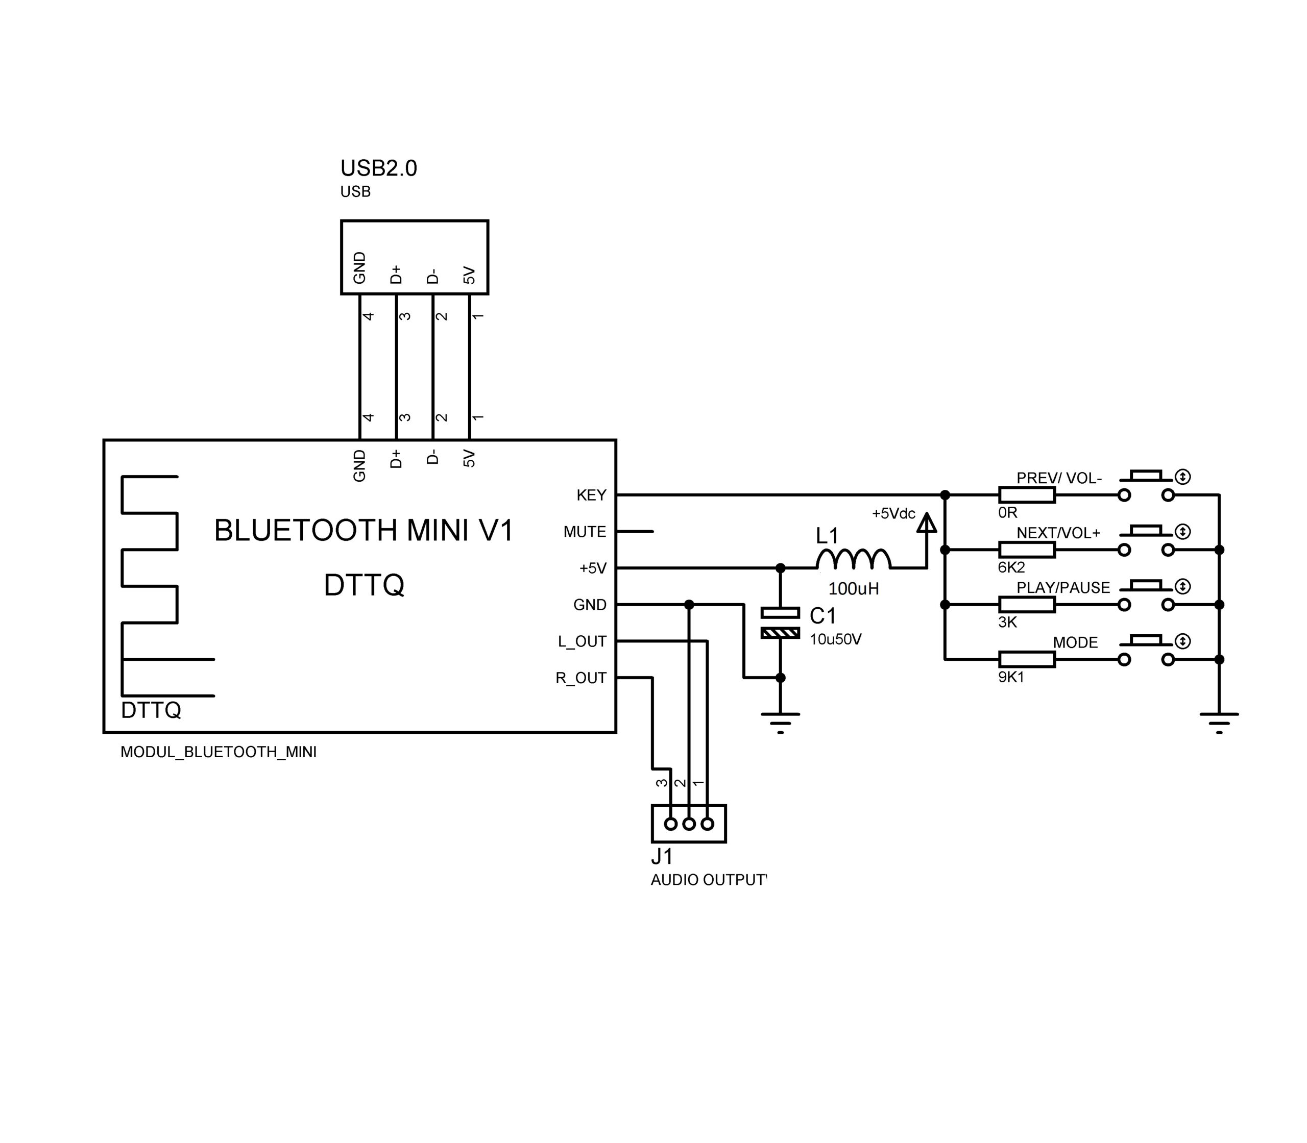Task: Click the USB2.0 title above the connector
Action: (378, 168)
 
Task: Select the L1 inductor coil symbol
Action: (853, 559)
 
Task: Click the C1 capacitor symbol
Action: (780, 623)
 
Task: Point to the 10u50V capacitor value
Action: (835, 639)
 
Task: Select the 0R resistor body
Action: (1026, 494)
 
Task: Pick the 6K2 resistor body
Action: (1026, 549)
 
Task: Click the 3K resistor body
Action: (1026, 604)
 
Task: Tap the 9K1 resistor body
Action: (1026, 659)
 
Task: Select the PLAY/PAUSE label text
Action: (1063, 587)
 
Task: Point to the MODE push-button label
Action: (1075, 642)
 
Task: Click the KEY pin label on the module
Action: (591, 495)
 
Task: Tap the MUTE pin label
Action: (585, 531)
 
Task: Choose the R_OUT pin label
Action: (581, 678)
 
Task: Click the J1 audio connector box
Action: (689, 824)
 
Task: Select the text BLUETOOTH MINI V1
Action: (364, 530)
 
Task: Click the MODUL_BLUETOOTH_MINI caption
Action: (219, 752)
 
